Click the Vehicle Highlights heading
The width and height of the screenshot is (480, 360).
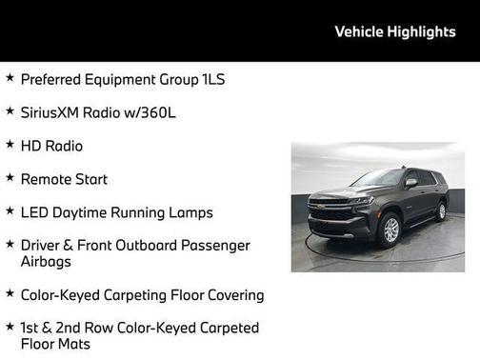click(x=395, y=31)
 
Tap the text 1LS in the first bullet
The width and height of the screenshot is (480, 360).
click(x=213, y=79)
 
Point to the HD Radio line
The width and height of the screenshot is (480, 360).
click(x=51, y=146)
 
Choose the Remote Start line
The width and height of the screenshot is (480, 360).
click(x=64, y=179)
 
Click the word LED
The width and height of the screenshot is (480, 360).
click(x=34, y=212)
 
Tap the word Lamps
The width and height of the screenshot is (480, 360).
click(x=190, y=212)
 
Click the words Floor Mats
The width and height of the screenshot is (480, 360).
click(x=55, y=344)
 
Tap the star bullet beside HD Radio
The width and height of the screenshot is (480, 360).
click(x=10, y=145)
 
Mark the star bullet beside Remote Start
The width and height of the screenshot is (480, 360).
click(x=10, y=178)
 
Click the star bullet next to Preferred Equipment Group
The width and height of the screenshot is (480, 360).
click(x=10, y=78)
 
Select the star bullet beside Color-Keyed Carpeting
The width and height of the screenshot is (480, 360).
click(x=10, y=294)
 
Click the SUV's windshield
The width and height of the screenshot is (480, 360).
click(x=378, y=177)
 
